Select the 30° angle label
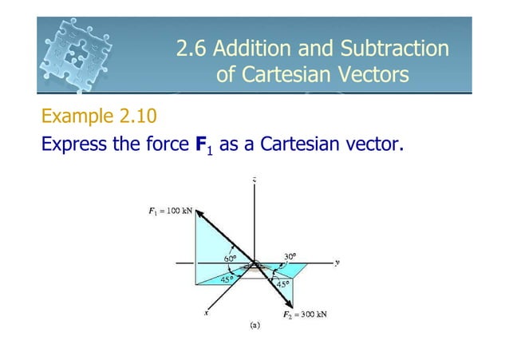pyautogui.click(x=290, y=256)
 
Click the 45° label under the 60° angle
pyautogui.click(x=227, y=279)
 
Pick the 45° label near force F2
pyautogui.click(x=282, y=283)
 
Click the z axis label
pyautogui.click(x=254, y=181)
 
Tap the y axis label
pyautogui.click(x=338, y=262)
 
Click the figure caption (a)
pyautogui.click(x=254, y=326)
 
